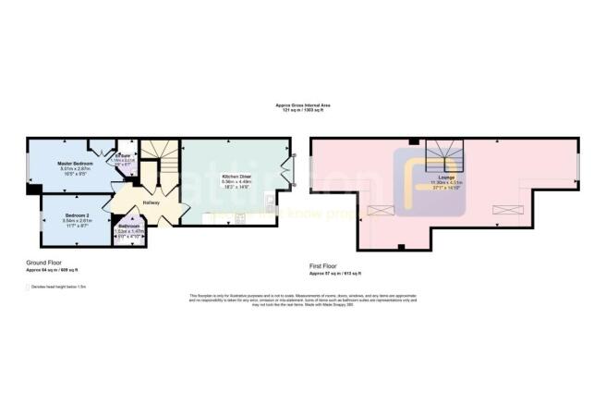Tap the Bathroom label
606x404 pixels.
(128, 226)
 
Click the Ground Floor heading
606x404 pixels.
(43, 263)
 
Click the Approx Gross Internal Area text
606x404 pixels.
(302, 106)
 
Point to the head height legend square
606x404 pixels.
(29, 287)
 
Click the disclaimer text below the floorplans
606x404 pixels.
(302, 298)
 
